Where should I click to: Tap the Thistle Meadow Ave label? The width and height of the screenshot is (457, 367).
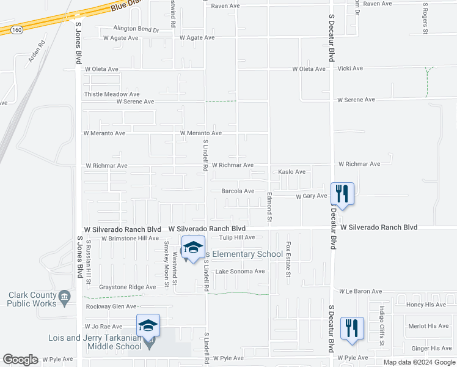[x=112, y=95]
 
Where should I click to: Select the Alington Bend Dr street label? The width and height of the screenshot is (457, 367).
[x=136, y=29]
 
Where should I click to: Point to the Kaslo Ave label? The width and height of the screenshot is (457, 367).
[x=291, y=172]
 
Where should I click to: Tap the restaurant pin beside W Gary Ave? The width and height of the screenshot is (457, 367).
[x=342, y=195]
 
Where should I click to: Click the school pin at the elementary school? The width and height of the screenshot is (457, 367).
[x=193, y=248]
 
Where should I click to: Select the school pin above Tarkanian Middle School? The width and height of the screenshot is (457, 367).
[x=148, y=325]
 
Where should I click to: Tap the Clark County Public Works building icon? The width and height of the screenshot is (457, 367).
[x=64, y=299]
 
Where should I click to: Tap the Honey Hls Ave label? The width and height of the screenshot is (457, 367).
[x=428, y=304]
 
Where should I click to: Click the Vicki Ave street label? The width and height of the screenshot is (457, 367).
[x=351, y=69]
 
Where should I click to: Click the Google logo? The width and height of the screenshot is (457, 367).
[x=20, y=360]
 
